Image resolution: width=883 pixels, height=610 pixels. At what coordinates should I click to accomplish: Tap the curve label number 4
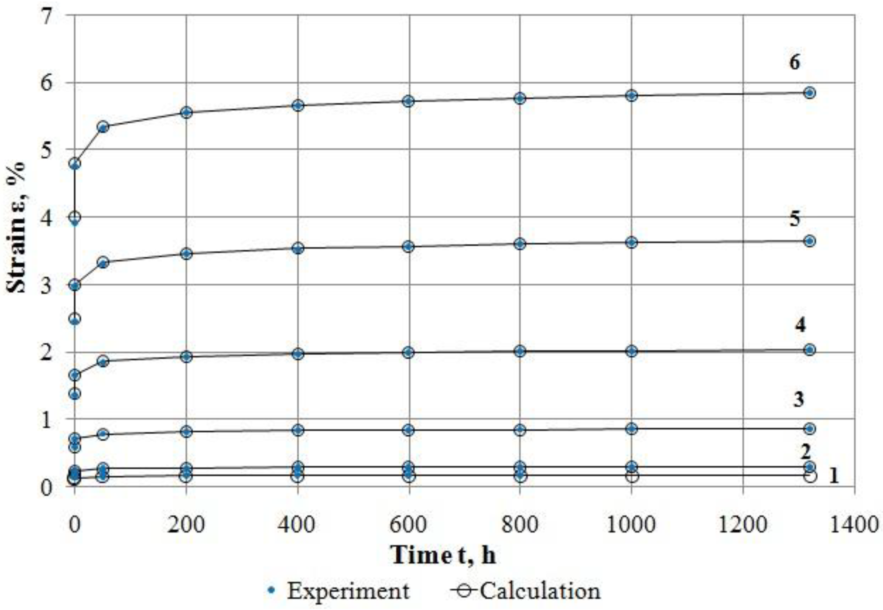pyautogui.click(x=800, y=325)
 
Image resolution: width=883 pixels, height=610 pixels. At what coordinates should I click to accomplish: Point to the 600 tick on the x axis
pyautogui.click(x=408, y=525)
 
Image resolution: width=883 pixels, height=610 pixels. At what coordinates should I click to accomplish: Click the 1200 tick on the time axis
pyautogui.click(x=743, y=525)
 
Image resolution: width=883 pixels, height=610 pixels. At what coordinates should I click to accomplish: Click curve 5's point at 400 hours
pyautogui.click(x=297, y=249)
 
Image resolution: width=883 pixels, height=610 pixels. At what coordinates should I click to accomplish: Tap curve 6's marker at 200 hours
pyautogui.click(x=186, y=113)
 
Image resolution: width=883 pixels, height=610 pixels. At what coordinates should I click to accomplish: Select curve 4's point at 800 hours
pyautogui.click(x=520, y=351)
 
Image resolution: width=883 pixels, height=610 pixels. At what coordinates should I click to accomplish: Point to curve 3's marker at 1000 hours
pyautogui.click(x=631, y=429)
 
